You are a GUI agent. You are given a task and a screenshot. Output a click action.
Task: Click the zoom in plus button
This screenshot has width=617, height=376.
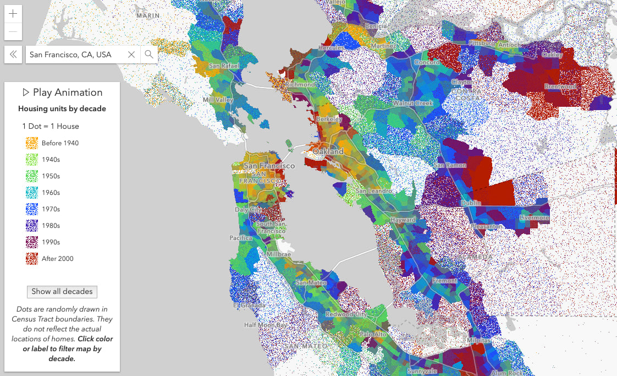(13, 14)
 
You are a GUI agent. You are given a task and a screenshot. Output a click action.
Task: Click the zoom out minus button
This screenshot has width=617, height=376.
(13, 32)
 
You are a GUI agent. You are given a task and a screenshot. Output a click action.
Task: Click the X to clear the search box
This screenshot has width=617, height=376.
(131, 55)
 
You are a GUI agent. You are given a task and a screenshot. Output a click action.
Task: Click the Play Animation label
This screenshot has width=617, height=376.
(62, 92)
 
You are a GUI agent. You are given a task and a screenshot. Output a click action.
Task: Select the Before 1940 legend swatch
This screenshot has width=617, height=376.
(31, 143)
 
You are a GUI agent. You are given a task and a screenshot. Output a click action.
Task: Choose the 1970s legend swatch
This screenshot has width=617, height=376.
(31, 209)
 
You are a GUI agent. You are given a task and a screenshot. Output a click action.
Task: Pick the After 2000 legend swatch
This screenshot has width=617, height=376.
(31, 259)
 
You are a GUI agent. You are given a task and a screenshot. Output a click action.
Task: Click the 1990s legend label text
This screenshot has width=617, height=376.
(51, 242)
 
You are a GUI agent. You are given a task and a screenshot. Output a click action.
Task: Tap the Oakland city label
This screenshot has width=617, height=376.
(328, 151)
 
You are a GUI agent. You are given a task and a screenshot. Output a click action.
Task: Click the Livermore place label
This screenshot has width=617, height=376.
(535, 218)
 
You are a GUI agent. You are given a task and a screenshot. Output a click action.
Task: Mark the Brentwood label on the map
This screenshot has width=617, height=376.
(560, 86)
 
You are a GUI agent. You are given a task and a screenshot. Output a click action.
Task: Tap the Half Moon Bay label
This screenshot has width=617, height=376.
(266, 325)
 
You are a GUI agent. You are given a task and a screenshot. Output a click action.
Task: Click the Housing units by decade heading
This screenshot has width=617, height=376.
(62, 109)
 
